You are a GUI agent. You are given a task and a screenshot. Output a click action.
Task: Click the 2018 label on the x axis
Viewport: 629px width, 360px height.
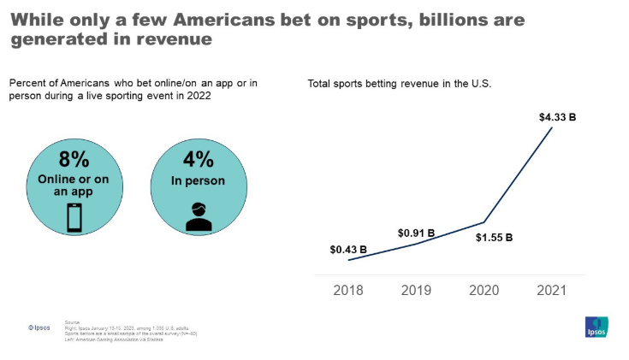[x=348, y=290]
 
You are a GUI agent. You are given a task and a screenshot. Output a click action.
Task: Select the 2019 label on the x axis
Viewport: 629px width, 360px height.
[x=417, y=290]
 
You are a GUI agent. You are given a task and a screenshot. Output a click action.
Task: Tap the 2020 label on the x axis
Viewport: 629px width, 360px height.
[x=485, y=290]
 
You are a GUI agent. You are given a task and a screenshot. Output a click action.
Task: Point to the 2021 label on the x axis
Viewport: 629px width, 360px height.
[x=553, y=290]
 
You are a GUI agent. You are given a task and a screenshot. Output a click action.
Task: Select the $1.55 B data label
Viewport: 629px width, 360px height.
[x=494, y=237]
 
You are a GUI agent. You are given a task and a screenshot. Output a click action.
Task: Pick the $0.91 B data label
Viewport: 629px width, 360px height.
[x=416, y=233]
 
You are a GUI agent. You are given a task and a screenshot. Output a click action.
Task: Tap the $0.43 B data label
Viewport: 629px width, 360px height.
[x=348, y=250]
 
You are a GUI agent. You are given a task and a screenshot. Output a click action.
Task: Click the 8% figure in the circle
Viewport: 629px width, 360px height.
[x=74, y=160]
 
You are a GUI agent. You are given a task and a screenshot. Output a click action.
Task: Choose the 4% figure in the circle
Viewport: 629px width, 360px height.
[x=198, y=160]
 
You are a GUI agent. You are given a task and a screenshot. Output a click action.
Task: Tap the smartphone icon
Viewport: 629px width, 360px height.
[x=74, y=219]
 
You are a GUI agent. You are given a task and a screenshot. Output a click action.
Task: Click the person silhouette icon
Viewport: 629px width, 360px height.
[x=198, y=217]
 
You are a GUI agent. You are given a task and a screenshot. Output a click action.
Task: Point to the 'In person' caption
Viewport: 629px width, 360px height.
[x=198, y=180]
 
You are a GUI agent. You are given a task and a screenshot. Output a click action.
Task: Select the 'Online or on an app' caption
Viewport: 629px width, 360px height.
[x=74, y=185]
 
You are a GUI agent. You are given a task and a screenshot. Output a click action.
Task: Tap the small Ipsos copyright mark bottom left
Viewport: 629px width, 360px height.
[x=39, y=326]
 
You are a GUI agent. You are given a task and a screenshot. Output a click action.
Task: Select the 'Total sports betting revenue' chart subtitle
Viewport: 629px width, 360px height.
[x=400, y=84]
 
